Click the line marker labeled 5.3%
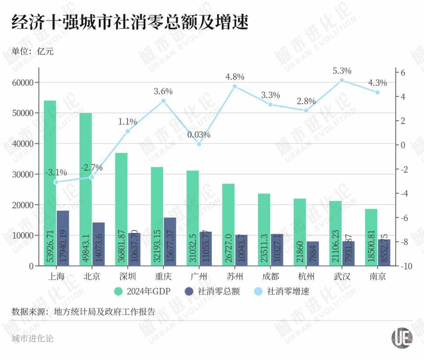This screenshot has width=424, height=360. click(342, 80)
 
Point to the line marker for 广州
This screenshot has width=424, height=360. click(199, 144)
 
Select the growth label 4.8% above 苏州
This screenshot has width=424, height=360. click(235, 77)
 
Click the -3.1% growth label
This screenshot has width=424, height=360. click(56, 172)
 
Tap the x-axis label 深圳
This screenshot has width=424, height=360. click(128, 277)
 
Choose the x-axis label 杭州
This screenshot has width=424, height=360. click(306, 277)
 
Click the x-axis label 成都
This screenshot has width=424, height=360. click(270, 277)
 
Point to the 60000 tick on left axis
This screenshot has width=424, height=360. click(22, 83)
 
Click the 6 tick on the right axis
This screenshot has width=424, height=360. click(402, 73)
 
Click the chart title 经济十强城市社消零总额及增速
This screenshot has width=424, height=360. click(130, 23)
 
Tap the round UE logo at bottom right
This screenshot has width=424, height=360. click(402, 338)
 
